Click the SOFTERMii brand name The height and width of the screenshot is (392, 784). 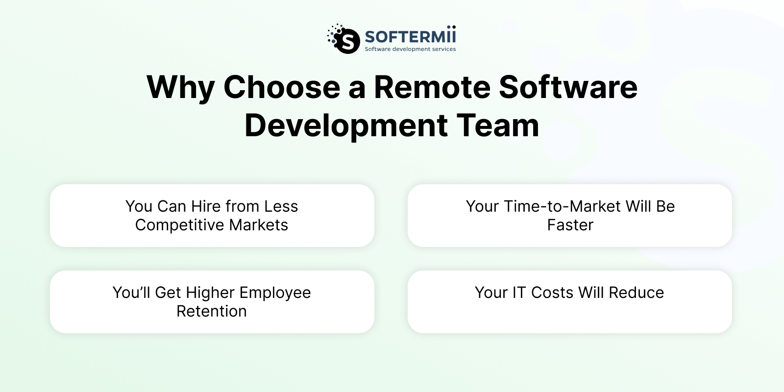pos(410,37)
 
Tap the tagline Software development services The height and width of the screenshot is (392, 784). pos(410,49)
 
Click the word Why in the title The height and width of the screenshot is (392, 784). pos(180,88)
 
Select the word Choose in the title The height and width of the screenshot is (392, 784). pos(282,87)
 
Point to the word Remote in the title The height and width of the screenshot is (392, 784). pos(431,87)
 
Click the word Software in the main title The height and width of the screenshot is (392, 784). pos(568,87)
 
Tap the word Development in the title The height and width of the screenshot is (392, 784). pos(346,126)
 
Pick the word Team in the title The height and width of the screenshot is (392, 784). pos(498,125)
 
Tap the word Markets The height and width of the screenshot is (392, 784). pos(259,225)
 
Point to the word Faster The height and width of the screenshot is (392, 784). pos(570,225)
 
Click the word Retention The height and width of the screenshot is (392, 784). pos(212,311)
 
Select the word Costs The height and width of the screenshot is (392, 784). pos(552,293)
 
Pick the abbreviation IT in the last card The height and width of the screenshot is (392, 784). pos(519,293)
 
